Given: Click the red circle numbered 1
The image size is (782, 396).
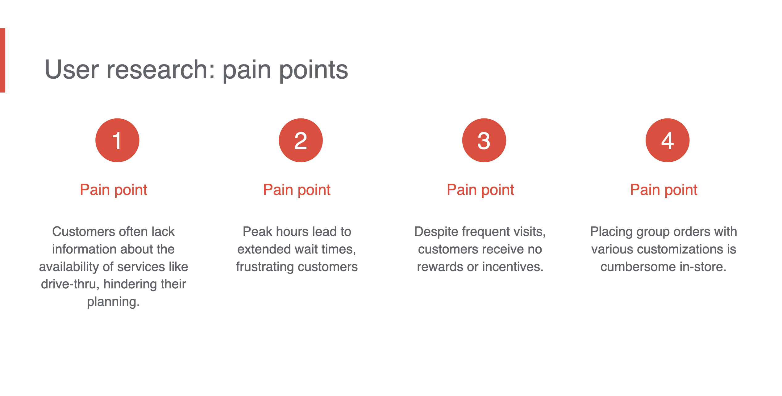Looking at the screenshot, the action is pos(117,140).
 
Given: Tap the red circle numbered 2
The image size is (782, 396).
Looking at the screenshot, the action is pos(301,140).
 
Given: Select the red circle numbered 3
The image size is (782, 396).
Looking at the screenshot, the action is pos(484,140).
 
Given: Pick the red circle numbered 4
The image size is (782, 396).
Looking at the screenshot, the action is pos(668,140).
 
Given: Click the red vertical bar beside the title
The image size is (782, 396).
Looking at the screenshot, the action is pos(2,60).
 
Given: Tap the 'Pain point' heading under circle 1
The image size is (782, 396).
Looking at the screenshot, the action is pos(114,190).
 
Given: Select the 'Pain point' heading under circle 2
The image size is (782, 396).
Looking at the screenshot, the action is pos(297,190).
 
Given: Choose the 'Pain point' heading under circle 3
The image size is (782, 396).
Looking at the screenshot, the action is pos(480,190).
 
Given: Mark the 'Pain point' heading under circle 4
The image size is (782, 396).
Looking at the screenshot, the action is pos(664,190).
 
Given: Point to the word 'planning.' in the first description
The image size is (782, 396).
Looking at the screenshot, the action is pos(113,302).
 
